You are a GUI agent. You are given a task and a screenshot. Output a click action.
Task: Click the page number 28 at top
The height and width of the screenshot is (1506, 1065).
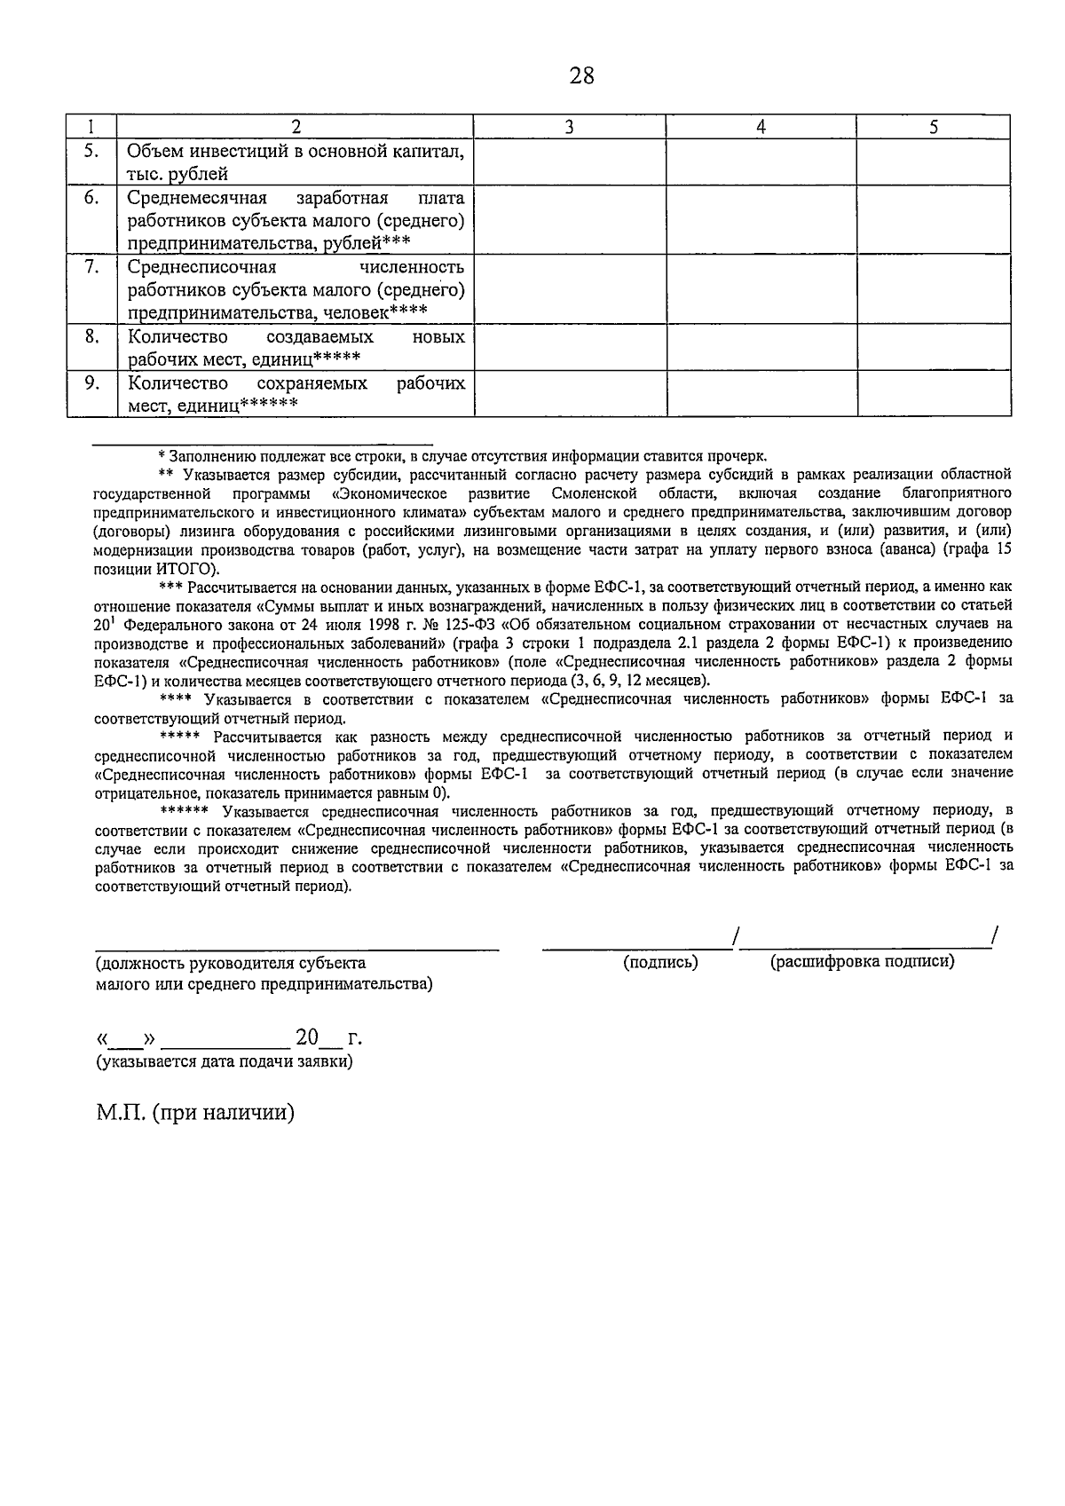(581, 76)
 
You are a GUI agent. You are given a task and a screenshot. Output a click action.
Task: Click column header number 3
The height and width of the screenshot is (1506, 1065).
(569, 127)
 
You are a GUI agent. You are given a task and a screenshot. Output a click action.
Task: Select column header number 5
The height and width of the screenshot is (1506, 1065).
(934, 127)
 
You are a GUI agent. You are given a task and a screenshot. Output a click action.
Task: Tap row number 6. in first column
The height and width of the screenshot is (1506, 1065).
(91, 198)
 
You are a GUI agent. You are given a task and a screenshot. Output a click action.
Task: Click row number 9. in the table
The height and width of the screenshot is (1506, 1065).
(91, 383)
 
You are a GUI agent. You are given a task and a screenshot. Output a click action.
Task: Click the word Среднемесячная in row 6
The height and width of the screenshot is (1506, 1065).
(194, 198)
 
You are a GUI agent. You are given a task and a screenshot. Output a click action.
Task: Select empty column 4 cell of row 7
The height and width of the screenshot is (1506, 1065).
(761, 289)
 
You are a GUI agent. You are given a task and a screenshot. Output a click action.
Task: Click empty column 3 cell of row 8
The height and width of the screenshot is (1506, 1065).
(569, 347)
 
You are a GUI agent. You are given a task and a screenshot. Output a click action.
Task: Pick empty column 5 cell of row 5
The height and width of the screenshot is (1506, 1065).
(934, 162)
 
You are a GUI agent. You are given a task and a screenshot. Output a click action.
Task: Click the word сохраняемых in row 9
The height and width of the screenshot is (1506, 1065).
(312, 383)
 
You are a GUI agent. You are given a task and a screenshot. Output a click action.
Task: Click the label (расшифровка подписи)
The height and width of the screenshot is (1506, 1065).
(862, 962)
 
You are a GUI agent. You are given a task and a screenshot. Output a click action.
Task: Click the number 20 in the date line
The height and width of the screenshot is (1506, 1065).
(306, 1037)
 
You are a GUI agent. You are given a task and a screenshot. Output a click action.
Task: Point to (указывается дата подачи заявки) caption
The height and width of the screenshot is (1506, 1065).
(224, 1061)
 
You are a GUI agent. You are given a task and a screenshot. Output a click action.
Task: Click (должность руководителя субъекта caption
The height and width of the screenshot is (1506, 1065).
(230, 963)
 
